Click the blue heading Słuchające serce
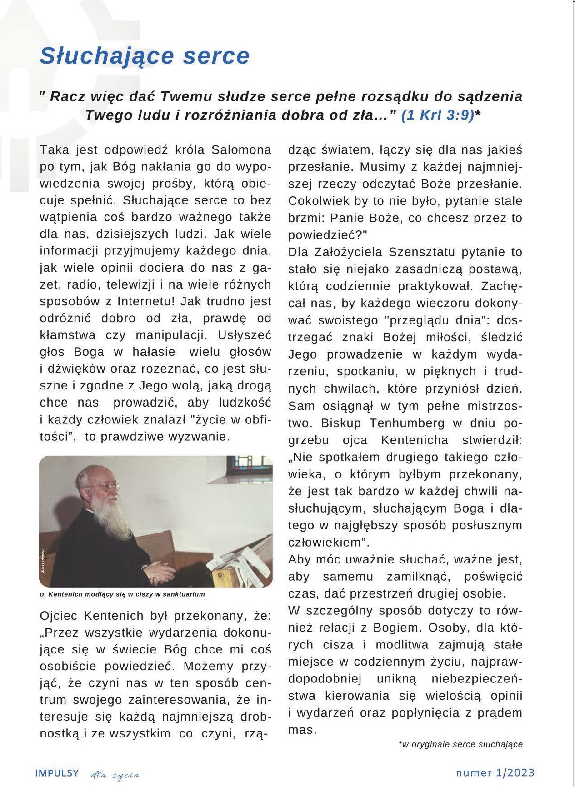pyautogui.click(x=145, y=56)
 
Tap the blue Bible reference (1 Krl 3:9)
pyautogui.click(x=437, y=115)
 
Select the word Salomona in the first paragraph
pyautogui.click(x=241, y=149)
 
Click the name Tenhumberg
pyautogui.click(x=407, y=423)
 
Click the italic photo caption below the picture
pyautogui.click(x=122, y=594)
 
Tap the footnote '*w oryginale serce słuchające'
pyautogui.click(x=460, y=744)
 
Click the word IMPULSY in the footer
pyautogui.click(x=57, y=773)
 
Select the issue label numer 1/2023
pyautogui.click(x=495, y=773)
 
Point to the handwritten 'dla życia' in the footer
pyautogui.click(x=115, y=775)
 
